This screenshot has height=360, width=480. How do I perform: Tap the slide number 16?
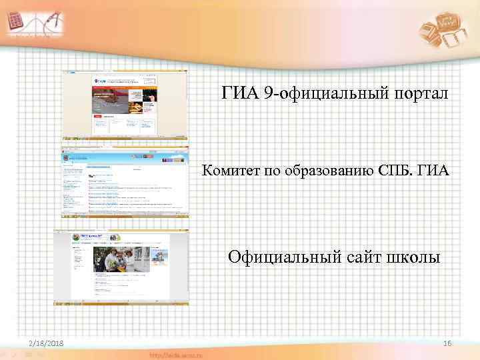(x=447, y=343)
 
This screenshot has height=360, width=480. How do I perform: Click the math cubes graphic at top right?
(x=445, y=30)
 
